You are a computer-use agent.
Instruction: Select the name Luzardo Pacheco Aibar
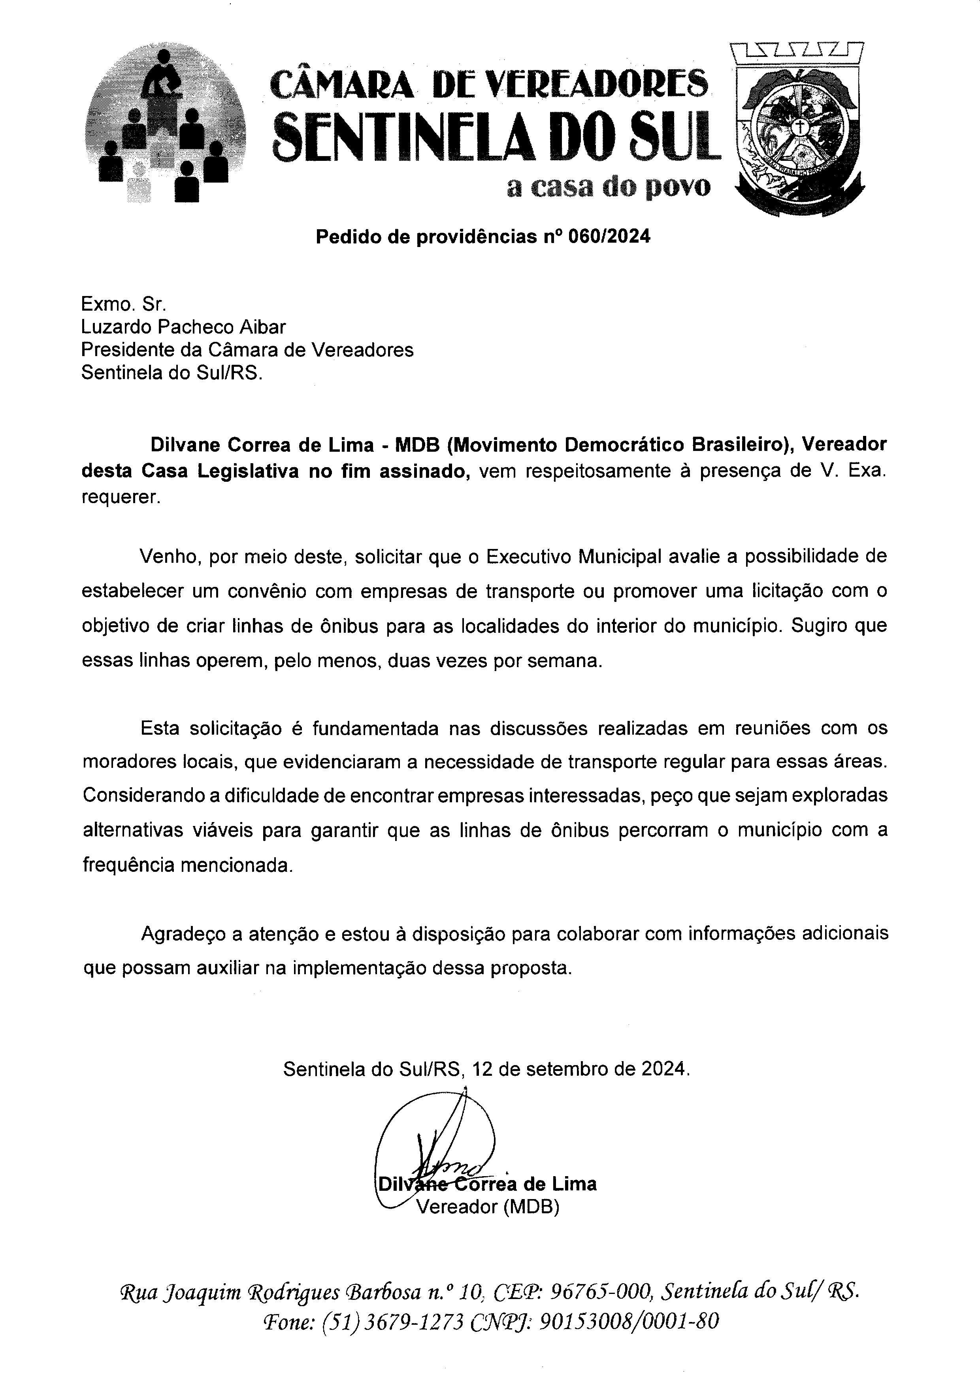[183, 327]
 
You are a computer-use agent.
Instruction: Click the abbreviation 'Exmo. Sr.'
[124, 304]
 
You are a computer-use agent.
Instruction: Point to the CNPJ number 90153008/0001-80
[628, 1322]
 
